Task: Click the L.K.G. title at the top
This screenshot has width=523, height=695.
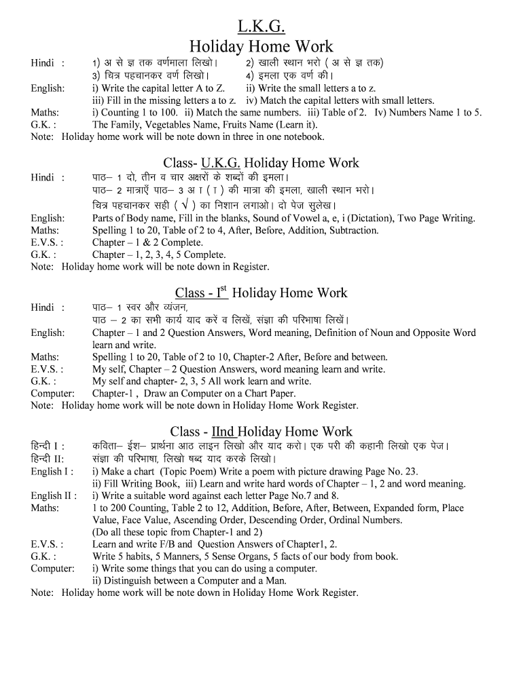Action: [261, 26]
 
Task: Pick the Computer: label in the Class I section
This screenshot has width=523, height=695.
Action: [52, 394]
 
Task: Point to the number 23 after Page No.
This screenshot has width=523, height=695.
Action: [411, 472]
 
